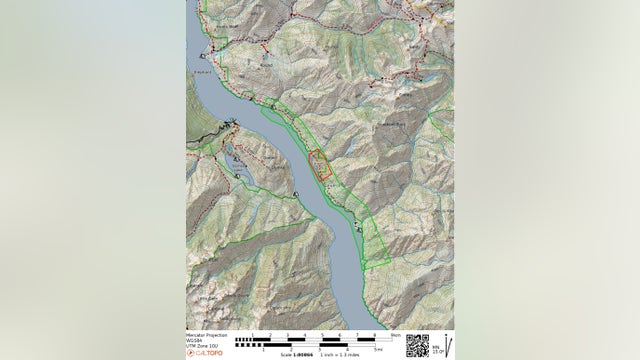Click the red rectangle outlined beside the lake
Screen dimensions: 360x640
click(321, 165)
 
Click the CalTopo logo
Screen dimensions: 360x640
click(206, 353)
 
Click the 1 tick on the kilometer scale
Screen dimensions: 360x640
click(253, 335)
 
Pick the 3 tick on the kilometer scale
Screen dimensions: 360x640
click(288, 335)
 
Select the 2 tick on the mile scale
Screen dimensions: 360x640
click(291, 350)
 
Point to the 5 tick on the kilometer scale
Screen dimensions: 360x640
click(323, 335)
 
